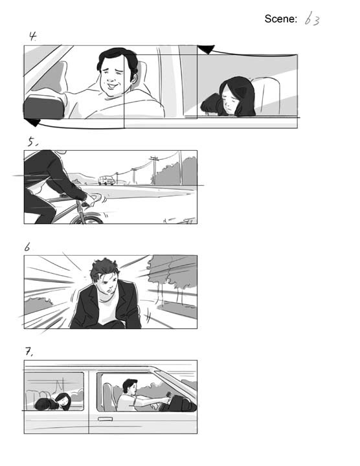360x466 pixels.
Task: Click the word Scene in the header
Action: coord(280,19)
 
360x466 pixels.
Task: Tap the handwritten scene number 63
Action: coord(312,19)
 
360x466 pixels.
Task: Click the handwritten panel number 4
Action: coord(32,36)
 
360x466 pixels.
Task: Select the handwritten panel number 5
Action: coord(33,142)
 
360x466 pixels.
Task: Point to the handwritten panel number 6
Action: coord(27,247)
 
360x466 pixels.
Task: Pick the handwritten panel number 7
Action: coord(29,351)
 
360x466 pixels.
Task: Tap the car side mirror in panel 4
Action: coord(43,107)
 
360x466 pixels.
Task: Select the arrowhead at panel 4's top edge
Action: coord(206,49)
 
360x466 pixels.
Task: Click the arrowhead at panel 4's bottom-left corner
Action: coord(32,122)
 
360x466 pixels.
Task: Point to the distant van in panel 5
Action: coord(106,180)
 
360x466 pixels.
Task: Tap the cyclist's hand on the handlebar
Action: coord(89,200)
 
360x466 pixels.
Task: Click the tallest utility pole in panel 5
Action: coord(154,170)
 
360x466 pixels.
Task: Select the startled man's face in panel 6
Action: coord(106,283)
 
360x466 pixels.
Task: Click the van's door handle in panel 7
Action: coord(106,419)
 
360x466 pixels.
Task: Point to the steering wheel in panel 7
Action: coord(168,397)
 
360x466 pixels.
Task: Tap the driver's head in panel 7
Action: coord(130,386)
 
